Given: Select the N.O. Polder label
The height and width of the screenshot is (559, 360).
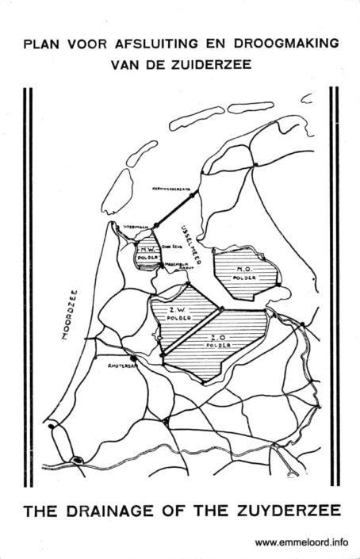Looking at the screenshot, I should click(243, 274).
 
